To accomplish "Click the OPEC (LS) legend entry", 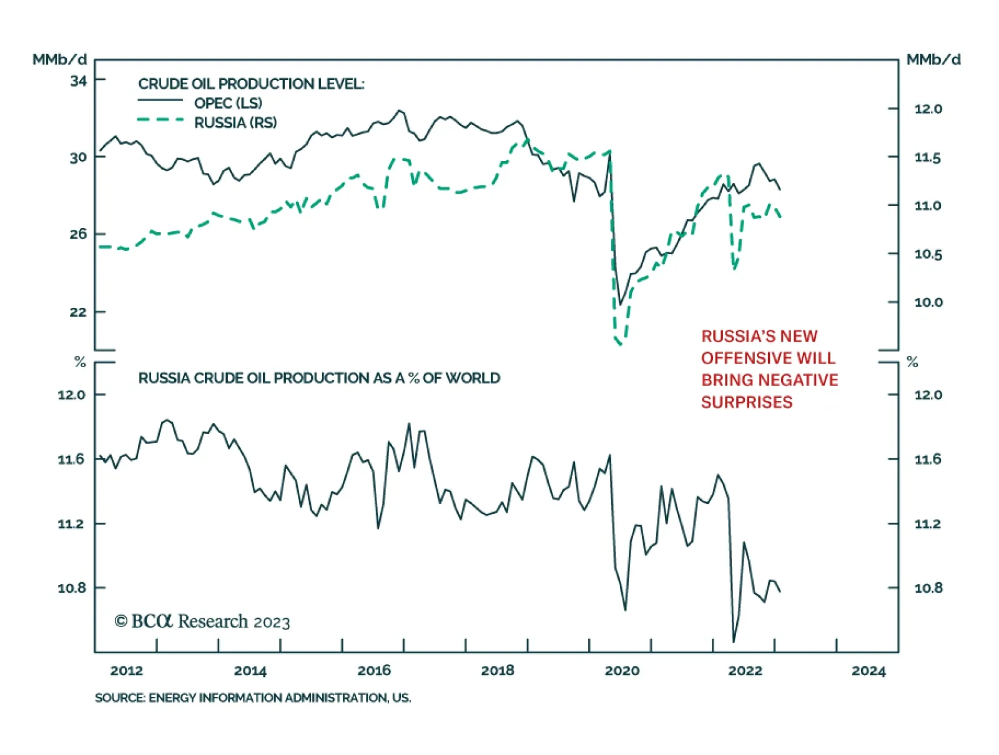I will coord(228,103).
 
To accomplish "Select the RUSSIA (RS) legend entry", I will coord(235,122).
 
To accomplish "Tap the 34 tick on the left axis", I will coord(79,81).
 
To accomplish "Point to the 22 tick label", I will coord(79,312).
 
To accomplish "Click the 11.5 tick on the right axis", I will coord(927,158).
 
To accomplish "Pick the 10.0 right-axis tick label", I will coord(928,302).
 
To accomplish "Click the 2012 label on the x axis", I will coord(126,671).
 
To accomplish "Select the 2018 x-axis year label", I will coord(497,671).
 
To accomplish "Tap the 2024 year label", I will coord(869,671).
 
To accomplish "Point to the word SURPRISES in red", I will coord(747,402).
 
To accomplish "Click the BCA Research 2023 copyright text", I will coord(202,621).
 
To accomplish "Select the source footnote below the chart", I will coord(253,698).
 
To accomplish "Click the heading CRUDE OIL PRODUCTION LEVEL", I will coord(251,84).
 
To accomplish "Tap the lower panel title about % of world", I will coord(319,378).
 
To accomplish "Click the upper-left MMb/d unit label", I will coord(59,60).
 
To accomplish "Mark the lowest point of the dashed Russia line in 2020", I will coord(620,344).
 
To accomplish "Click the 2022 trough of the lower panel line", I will coord(733,641).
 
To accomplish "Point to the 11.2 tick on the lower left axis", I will coord(71,524).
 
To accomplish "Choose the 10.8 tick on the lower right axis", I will coord(928,588).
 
